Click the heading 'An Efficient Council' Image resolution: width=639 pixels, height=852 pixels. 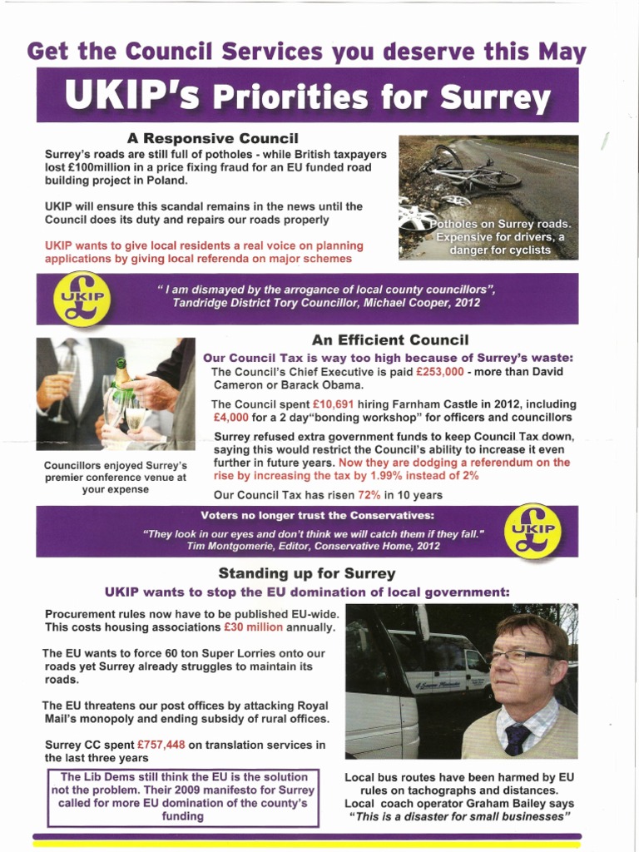click(x=390, y=339)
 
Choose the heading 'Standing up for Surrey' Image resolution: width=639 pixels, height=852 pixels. click(x=306, y=573)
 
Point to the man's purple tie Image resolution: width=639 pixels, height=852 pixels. click(x=518, y=739)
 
